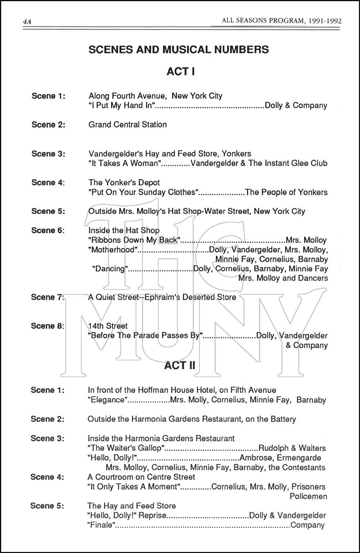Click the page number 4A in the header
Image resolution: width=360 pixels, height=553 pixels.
tap(27, 22)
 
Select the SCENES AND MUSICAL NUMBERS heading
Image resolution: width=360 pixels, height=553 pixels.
tap(179, 49)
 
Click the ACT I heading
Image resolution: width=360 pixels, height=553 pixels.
tap(180, 71)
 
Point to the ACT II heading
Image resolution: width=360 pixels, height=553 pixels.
tap(180, 365)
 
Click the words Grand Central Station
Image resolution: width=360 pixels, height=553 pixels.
tap(127, 125)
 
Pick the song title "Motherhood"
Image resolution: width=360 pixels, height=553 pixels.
tap(113, 250)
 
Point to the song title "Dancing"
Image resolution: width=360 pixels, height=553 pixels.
tap(110, 269)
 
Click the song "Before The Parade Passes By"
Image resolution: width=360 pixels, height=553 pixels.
tap(146, 335)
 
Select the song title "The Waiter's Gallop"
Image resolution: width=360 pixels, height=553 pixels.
tap(126, 448)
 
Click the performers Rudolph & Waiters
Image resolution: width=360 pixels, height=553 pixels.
tap(292, 448)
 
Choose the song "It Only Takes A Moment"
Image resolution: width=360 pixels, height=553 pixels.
tap(133, 487)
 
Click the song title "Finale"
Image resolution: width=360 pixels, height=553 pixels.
tap(101, 525)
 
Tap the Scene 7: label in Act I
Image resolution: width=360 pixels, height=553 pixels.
tap(48, 297)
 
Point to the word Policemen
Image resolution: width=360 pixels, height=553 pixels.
tap(308, 496)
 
